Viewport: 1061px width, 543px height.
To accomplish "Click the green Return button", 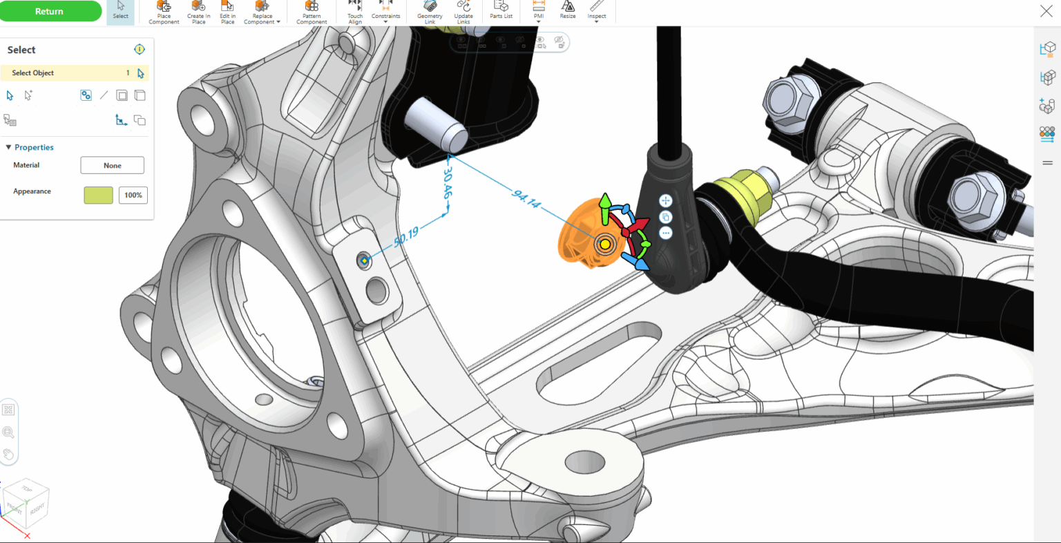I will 50,11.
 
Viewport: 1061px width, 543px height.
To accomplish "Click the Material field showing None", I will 112,166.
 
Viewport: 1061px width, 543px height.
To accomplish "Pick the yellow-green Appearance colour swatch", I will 98,195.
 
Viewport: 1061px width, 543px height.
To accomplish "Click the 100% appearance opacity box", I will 133,195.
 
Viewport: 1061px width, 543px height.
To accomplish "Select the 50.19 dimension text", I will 406,236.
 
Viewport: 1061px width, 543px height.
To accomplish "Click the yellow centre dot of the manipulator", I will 605,244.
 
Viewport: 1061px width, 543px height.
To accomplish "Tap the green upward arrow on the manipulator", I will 605,202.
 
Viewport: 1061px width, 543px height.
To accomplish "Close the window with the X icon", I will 1046,10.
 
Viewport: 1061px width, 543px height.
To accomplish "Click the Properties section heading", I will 34,147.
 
